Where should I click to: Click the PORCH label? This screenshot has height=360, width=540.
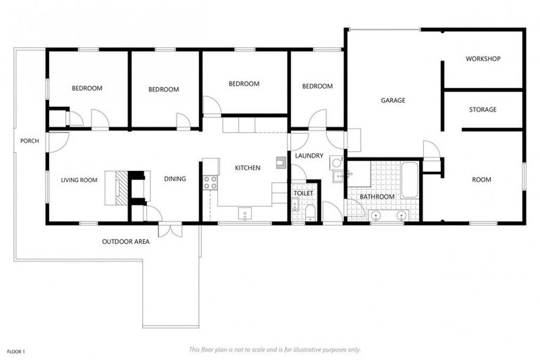(x=30, y=141)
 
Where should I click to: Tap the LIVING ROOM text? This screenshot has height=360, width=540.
(x=79, y=180)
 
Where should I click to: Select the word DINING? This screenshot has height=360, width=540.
(x=175, y=179)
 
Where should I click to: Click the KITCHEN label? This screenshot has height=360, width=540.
(x=247, y=168)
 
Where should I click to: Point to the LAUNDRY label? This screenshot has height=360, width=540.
(x=309, y=155)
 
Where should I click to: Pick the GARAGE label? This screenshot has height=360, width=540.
(x=393, y=101)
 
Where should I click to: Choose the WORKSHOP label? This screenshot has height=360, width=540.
(x=482, y=59)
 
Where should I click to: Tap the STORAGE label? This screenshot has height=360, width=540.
(x=482, y=110)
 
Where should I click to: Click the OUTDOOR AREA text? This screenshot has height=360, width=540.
(x=126, y=242)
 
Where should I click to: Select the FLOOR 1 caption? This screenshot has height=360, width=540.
(x=16, y=350)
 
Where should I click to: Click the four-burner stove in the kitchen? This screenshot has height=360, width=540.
(x=210, y=183)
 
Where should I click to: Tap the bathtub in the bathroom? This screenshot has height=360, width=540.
(x=409, y=180)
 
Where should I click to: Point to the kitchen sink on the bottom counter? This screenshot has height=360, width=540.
(x=245, y=213)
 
